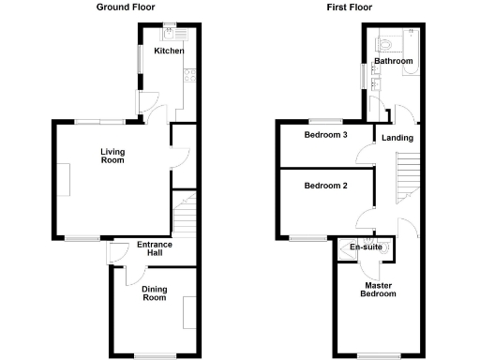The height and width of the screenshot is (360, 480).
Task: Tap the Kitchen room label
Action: tap(170, 51)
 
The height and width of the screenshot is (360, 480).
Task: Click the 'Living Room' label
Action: tap(112, 155)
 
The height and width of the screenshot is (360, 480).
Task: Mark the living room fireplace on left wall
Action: tap(64, 179)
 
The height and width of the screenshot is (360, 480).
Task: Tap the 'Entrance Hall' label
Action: tap(155, 249)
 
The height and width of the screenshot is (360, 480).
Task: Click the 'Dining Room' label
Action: tap(154, 293)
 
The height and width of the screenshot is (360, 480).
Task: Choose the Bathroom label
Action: tap(393, 62)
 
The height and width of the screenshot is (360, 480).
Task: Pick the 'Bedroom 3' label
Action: tap(325, 135)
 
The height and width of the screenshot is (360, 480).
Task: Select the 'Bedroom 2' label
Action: tap(325, 186)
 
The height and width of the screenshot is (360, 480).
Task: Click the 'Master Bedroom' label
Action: tap(378, 289)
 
